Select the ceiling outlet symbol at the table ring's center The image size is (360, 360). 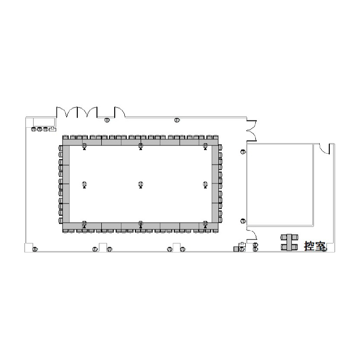click(141, 185)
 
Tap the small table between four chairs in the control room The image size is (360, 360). click(289, 242)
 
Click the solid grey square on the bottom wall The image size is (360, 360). click(236, 249)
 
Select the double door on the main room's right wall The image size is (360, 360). click(252, 131)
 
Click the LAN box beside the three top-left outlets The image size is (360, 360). click(53, 129)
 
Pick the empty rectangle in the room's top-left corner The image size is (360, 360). click(44, 122)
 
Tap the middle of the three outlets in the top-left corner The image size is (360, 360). click(39, 129)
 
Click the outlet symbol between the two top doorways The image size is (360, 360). click(107, 120)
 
